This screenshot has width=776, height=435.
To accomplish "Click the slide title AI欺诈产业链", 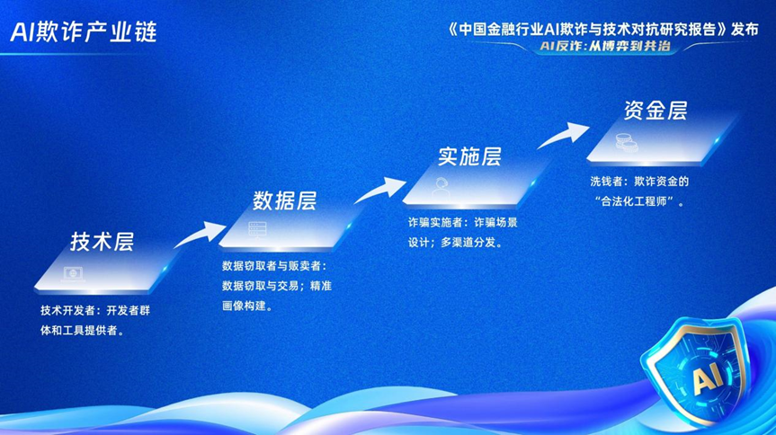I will click(x=84, y=31).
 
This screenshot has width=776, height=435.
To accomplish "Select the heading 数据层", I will click(x=284, y=199).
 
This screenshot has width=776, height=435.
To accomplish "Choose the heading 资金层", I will click(x=656, y=110).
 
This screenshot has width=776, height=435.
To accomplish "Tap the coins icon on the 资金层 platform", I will click(x=622, y=141).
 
